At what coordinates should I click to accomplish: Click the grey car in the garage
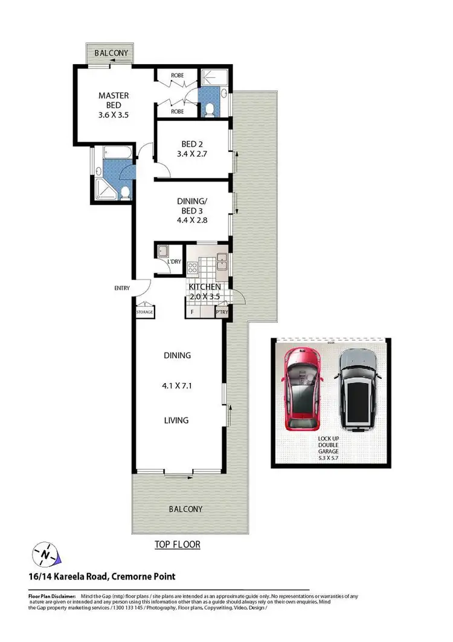357,390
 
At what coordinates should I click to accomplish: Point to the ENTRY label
122,289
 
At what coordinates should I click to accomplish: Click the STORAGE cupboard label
144,312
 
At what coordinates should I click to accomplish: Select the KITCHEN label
205,286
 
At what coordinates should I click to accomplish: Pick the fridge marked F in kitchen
192,312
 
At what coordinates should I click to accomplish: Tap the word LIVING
176,420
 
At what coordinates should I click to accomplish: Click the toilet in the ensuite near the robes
208,110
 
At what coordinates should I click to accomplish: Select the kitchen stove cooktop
194,266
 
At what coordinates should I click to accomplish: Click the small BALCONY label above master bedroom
112,53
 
